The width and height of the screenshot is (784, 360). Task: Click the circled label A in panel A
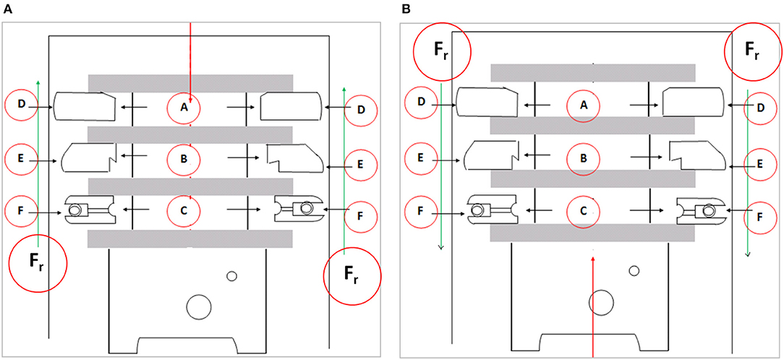pyautogui.click(x=184, y=108)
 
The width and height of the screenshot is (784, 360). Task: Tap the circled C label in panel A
pyautogui.click(x=184, y=210)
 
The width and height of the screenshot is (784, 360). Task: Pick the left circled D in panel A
pyautogui.click(x=22, y=106)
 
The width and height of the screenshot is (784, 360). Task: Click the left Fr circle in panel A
pyautogui.click(x=37, y=264)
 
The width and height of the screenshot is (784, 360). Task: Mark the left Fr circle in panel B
pyautogui.click(x=442, y=53)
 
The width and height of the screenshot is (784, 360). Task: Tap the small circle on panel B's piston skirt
pyautogui.click(x=634, y=270)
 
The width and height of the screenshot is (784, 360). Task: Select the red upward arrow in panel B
pyautogui.click(x=592, y=304)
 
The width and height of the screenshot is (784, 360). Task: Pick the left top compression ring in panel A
pyautogui.click(x=85, y=106)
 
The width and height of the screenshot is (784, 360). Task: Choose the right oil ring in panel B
pyautogui.click(x=699, y=210)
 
